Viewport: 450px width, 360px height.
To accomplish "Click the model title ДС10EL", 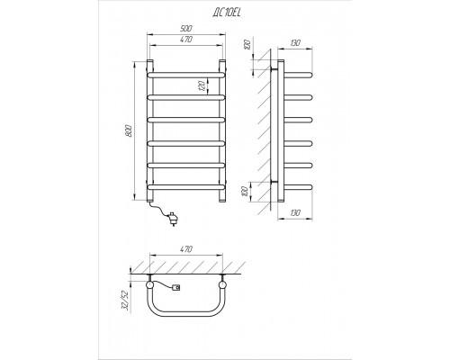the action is click(x=227, y=13).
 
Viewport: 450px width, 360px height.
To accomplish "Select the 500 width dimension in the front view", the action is click(x=186, y=29).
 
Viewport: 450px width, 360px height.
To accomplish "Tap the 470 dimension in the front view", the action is click(x=186, y=40).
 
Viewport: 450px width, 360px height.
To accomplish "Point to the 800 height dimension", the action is click(x=129, y=130).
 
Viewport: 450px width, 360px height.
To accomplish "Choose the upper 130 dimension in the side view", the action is click(x=295, y=43).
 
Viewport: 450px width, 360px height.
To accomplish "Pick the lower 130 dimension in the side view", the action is click(x=295, y=213).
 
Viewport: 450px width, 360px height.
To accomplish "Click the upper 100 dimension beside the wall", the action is click(x=247, y=45).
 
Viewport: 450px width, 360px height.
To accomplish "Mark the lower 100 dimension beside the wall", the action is click(x=245, y=192).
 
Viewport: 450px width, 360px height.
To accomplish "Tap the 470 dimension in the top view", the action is click(x=186, y=249).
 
